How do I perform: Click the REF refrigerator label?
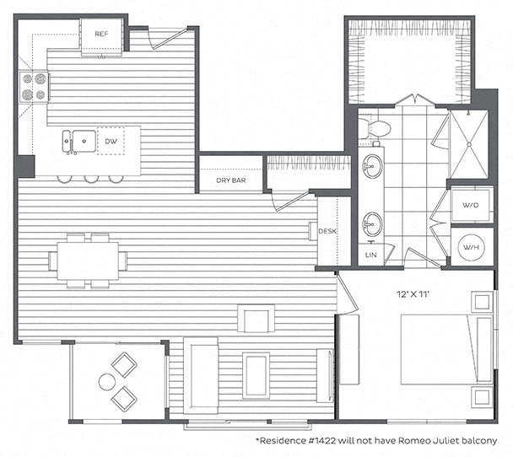pos(101,34)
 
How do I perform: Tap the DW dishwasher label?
pos(111,142)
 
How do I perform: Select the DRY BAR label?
pos(231,180)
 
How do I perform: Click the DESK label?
pos(327,231)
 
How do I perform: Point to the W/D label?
pos(471,205)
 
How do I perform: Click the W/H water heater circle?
pos(471,247)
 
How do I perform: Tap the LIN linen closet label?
pos(370,255)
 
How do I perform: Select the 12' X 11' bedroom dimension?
pos(413,294)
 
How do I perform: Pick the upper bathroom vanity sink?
pos(372,166)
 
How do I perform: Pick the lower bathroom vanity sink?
pos(372,224)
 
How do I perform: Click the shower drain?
pos(469,144)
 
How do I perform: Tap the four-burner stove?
pos(34,87)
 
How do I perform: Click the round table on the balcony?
pos(107,382)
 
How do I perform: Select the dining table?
pos(88,261)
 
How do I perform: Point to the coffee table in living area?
pos(256,375)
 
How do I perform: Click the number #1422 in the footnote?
pos(322,441)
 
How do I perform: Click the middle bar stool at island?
pos(91,179)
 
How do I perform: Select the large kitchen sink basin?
pos(84,141)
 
